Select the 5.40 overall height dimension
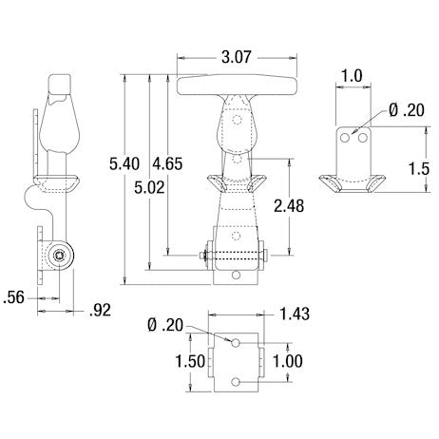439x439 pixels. click(x=125, y=164)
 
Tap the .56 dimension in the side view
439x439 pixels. click(x=13, y=296)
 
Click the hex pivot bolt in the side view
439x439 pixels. click(x=61, y=255)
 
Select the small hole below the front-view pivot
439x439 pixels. click(x=235, y=277)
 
